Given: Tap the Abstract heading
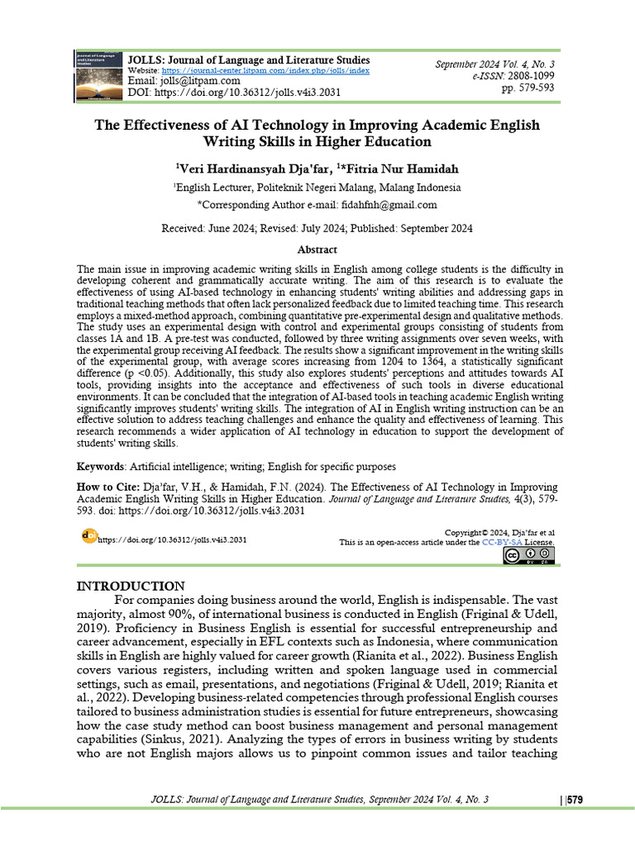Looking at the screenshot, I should click(317, 249).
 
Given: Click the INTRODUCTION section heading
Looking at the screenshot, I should click(131, 586).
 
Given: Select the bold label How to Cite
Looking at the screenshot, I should click(107, 487).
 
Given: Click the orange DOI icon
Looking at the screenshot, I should click(89, 536).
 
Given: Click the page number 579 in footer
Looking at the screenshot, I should click(575, 800).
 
